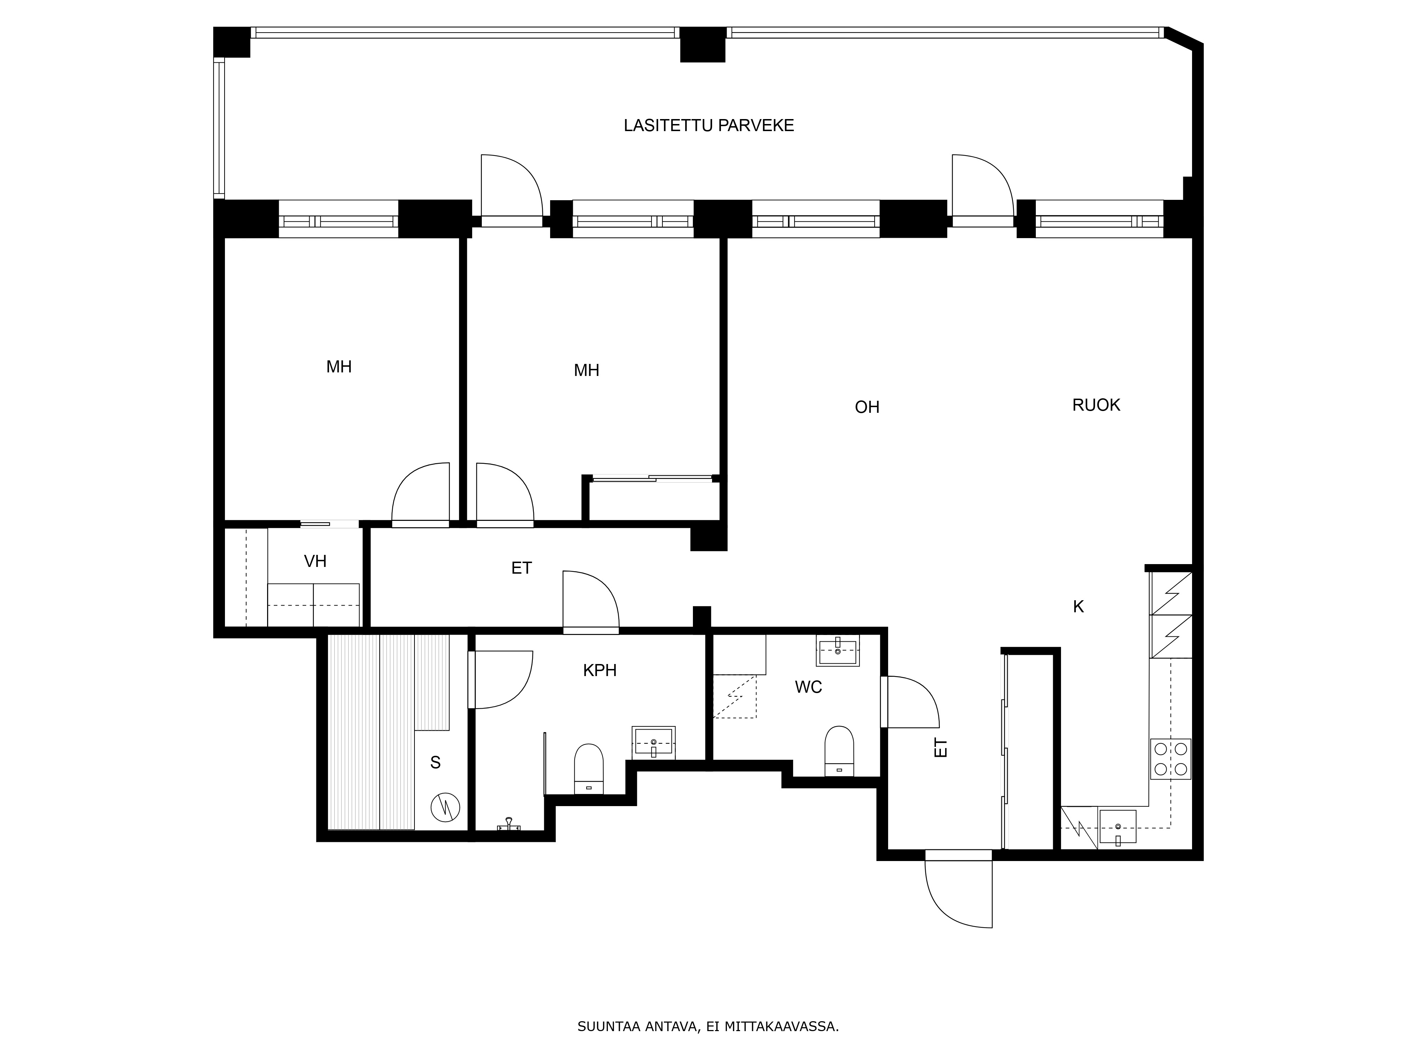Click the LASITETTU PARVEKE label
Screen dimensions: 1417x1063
click(708, 125)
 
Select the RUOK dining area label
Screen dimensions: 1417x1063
click(1096, 405)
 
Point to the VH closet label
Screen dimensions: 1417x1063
click(315, 561)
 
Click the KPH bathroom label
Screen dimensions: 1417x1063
click(600, 670)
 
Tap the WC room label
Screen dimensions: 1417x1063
click(808, 687)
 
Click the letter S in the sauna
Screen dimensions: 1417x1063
click(436, 763)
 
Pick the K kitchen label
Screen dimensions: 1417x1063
click(1079, 607)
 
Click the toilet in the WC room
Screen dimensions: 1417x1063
click(839, 750)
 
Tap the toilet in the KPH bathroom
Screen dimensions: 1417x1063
click(589, 769)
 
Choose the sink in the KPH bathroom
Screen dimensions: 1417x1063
click(653, 742)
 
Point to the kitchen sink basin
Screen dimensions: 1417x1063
click(1118, 827)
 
